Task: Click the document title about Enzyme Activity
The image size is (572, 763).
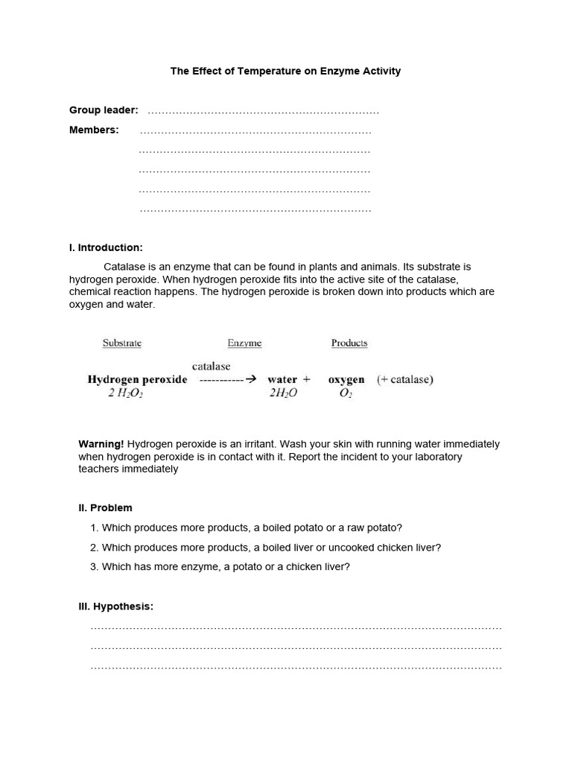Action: pyautogui.click(x=285, y=72)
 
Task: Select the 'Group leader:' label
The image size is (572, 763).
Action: pyautogui.click(x=104, y=110)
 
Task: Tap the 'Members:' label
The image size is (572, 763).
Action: pyautogui.click(x=94, y=130)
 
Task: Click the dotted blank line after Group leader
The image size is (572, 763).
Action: pyautogui.click(x=263, y=112)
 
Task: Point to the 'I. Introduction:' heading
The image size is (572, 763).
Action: pyautogui.click(x=106, y=247)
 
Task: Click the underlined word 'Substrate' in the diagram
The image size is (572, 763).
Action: pyautogui.click(x=121, y=343)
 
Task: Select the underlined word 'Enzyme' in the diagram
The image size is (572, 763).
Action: pyautogui.click(x=244, y=343)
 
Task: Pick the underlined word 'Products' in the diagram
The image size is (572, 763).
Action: pyautogui.click(x=349, y=343)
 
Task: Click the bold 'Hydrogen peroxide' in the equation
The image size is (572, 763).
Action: pyautogui.click(x=137, y=379)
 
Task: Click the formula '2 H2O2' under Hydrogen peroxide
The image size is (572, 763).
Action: pyautogui.click(x=125, y=393)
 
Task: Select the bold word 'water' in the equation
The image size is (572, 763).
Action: pyautogui.click(x=282, y=379)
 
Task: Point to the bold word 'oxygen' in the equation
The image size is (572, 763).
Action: pyautogui.click(x=346, y=379)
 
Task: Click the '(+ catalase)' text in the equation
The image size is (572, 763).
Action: pyautogui.click(x=404, y=379)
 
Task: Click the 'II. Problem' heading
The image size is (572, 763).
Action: pyautogui.click(x=105, y=508)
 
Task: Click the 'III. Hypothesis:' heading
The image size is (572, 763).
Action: pyautogui.click(x=115, y=607)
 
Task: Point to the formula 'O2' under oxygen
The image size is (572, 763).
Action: pyautogui.click(x=346, y=393)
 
